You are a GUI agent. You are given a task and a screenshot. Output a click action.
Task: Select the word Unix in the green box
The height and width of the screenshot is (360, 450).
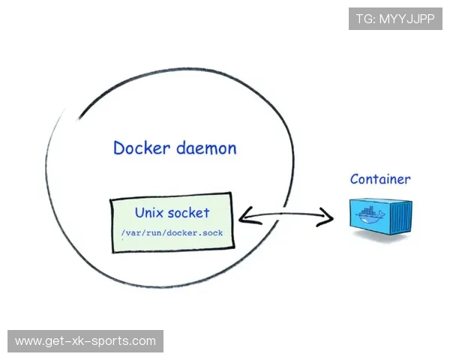click(x=149, y=213)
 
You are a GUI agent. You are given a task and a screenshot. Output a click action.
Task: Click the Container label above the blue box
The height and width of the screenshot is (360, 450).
click(x=380, y=179)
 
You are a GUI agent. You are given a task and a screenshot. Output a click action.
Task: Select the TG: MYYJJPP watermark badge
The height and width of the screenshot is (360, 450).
click(x=395, y=19)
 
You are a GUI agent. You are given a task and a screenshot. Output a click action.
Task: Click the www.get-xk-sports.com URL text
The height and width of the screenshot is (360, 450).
click(x=85, y=341)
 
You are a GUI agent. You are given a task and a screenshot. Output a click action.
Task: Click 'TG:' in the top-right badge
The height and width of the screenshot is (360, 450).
click(x=366, y=19)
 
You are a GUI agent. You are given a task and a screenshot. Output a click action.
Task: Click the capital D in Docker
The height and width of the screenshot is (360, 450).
click(x=118, y=148)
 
